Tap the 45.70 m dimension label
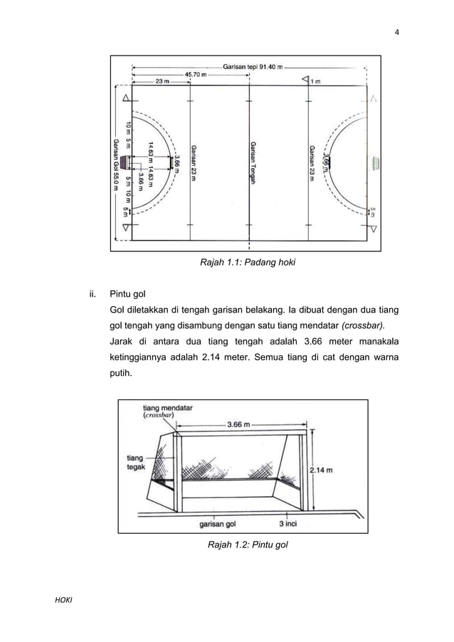(197, 73)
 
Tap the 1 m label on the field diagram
(315, 81)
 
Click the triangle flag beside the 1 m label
(304, 80)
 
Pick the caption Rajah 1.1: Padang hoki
(247, 263)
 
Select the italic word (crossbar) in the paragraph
(364, 325)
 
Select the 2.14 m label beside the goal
(324, 470)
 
